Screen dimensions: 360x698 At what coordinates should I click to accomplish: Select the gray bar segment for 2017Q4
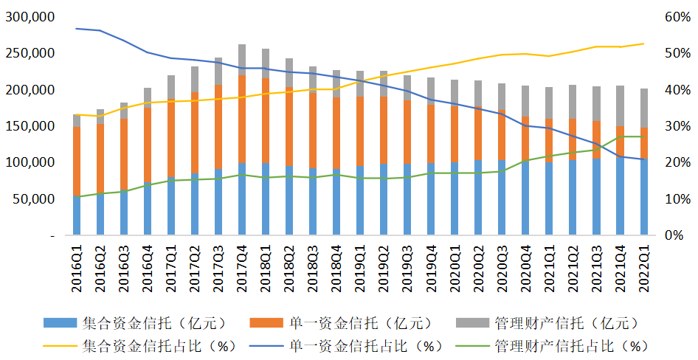pyautogui.click(x=242, y=60)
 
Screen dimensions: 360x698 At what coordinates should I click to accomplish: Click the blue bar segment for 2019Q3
pyautogui.click(x=407, y=199)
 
